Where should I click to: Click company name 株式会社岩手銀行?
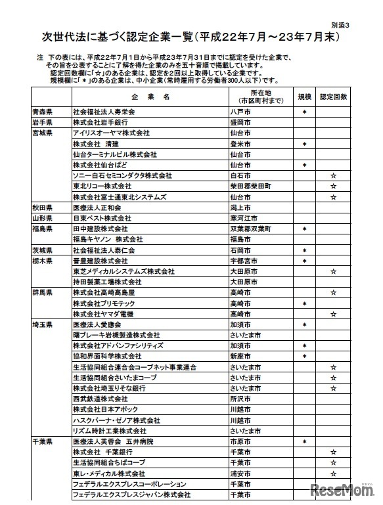(x=99, y=123)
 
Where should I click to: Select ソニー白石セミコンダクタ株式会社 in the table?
(x=122, y=176)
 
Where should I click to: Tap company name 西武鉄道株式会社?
(x=100, y=399)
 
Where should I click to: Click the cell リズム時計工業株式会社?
(x=109, y=431)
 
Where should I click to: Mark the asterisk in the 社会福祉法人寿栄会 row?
(x=304, y=112)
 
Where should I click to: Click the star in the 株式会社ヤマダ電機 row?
(x=333, y=314)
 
